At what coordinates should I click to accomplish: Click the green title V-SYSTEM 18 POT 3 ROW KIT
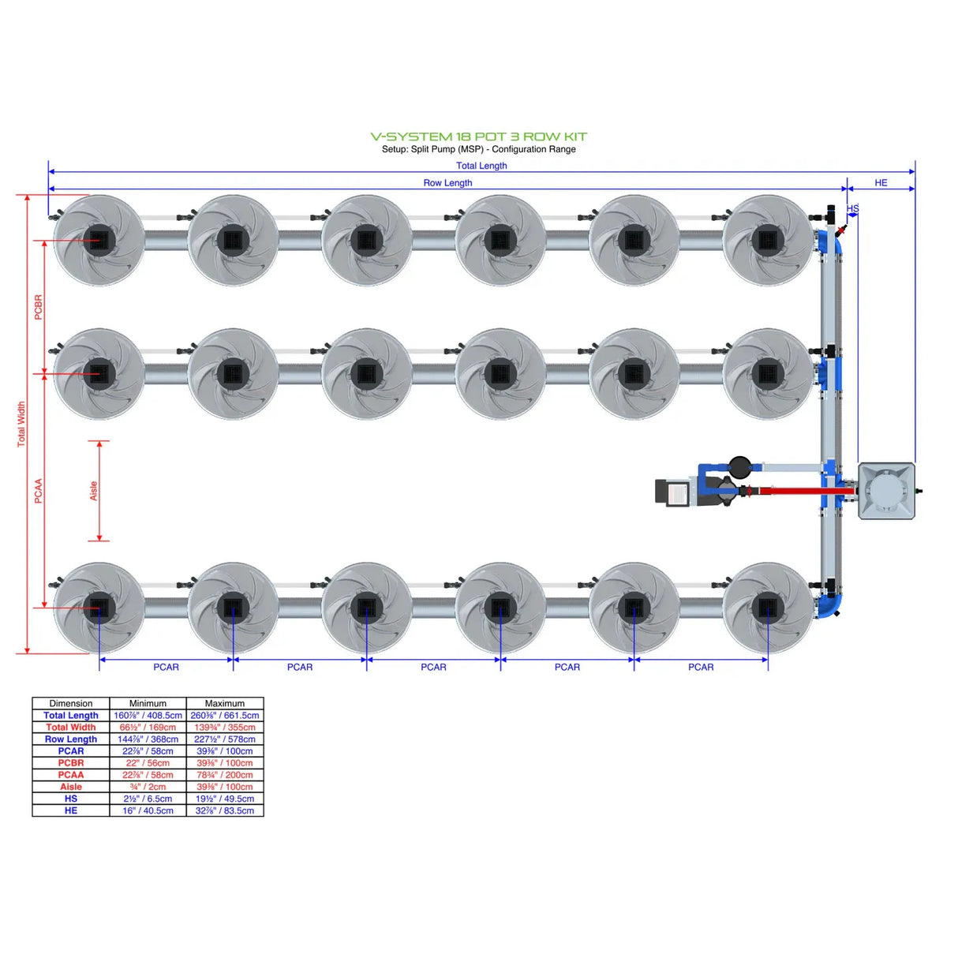pos(478,137)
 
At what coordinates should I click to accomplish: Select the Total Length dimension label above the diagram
pos(481,166)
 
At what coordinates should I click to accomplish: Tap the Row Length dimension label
pos(447,183)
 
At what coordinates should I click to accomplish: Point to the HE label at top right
pos(881,183)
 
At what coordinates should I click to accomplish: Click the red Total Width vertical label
pos(21,425)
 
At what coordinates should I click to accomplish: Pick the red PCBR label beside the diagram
pos(38,307)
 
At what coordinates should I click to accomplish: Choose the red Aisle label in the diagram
pos(93,491)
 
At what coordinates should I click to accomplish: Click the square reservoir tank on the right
pos(887,491)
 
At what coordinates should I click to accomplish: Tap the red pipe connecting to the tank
pos(805,491)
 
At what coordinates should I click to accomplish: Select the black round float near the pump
pos(740,466)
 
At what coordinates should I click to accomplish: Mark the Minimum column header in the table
pos(148,703)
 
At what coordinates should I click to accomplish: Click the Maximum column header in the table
pos(225,703)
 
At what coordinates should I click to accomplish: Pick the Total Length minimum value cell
pos(148,716)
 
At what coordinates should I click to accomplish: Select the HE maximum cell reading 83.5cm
pos(225,810)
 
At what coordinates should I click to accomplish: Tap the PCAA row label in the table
pos(71,775)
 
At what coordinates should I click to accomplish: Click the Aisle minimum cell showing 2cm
pos(148,787)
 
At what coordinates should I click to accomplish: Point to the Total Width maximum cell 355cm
pos(225,728)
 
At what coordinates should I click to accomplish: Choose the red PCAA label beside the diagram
pos(38,491)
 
